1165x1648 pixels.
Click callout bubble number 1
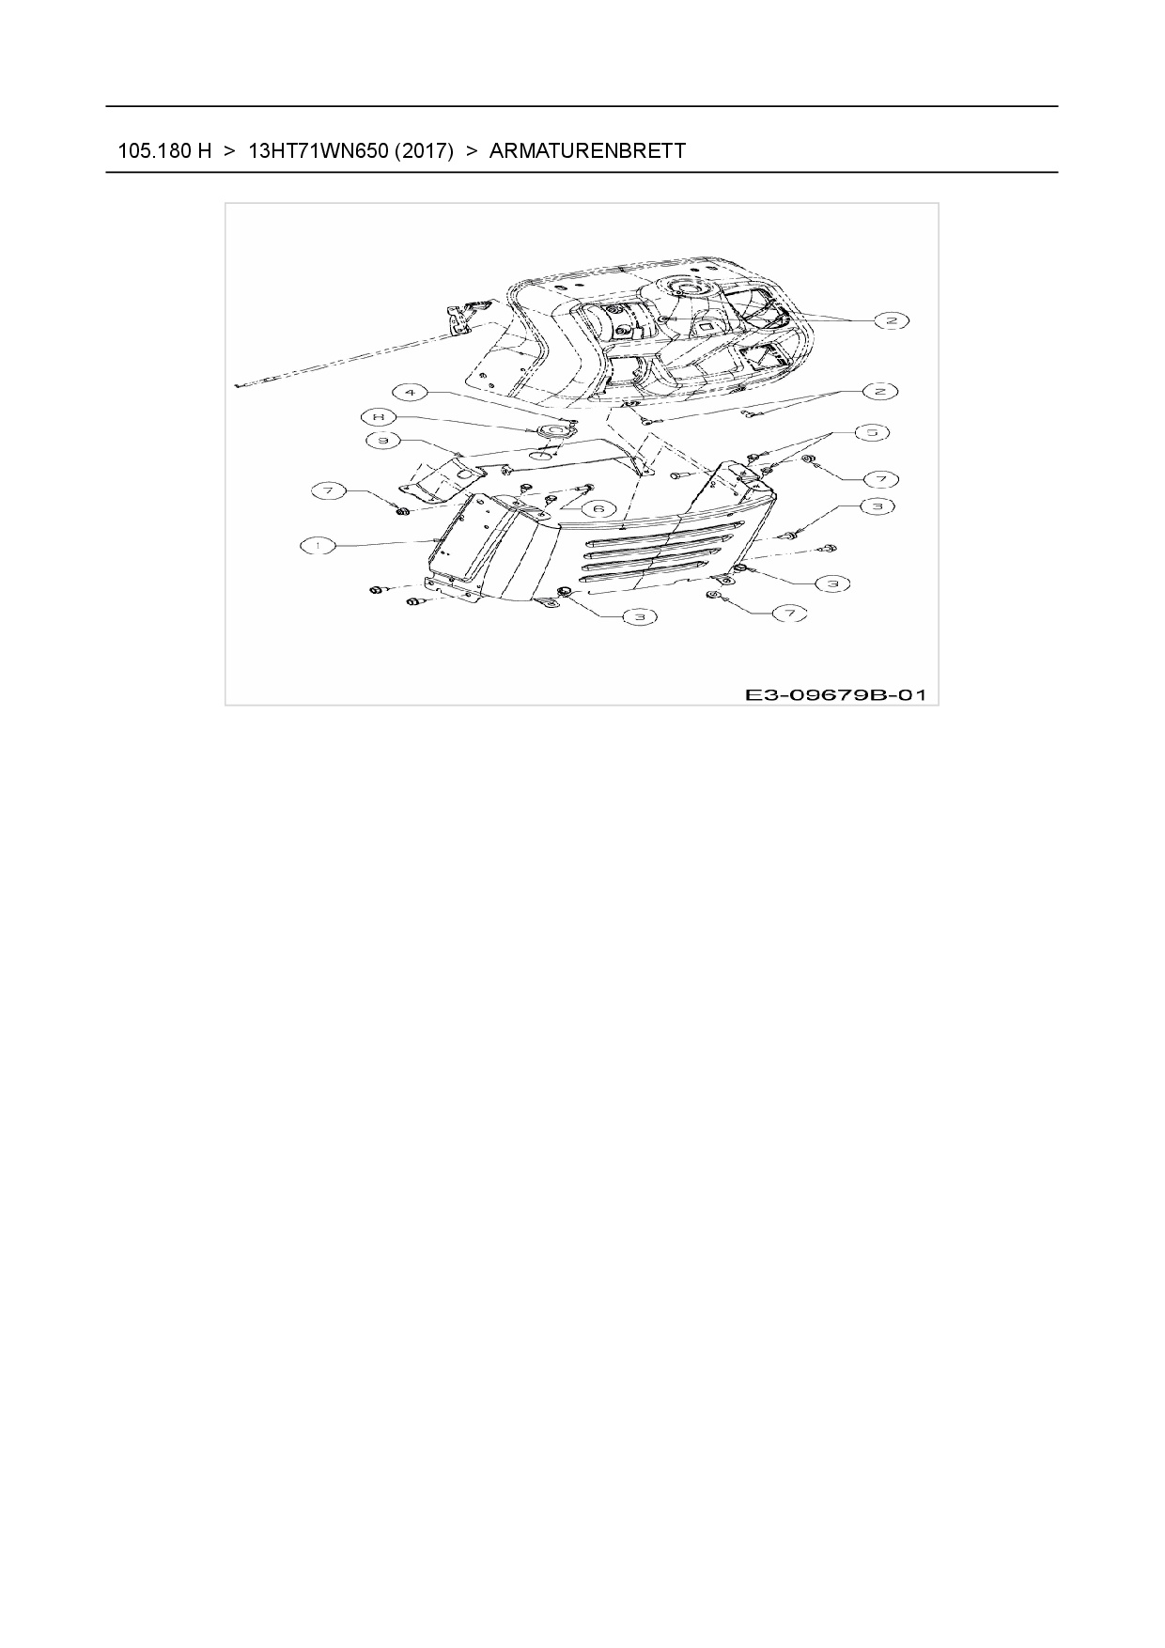point(319,544)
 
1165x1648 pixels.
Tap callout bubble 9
point(383,440)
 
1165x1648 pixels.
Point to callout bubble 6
point(598,508)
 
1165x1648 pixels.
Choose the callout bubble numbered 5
point(872,432)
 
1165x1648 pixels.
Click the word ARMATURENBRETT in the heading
point(587,150)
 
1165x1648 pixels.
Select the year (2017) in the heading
point(424,150)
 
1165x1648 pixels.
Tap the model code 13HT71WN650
point(317,150)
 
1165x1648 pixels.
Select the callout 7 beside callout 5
point(881,479)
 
